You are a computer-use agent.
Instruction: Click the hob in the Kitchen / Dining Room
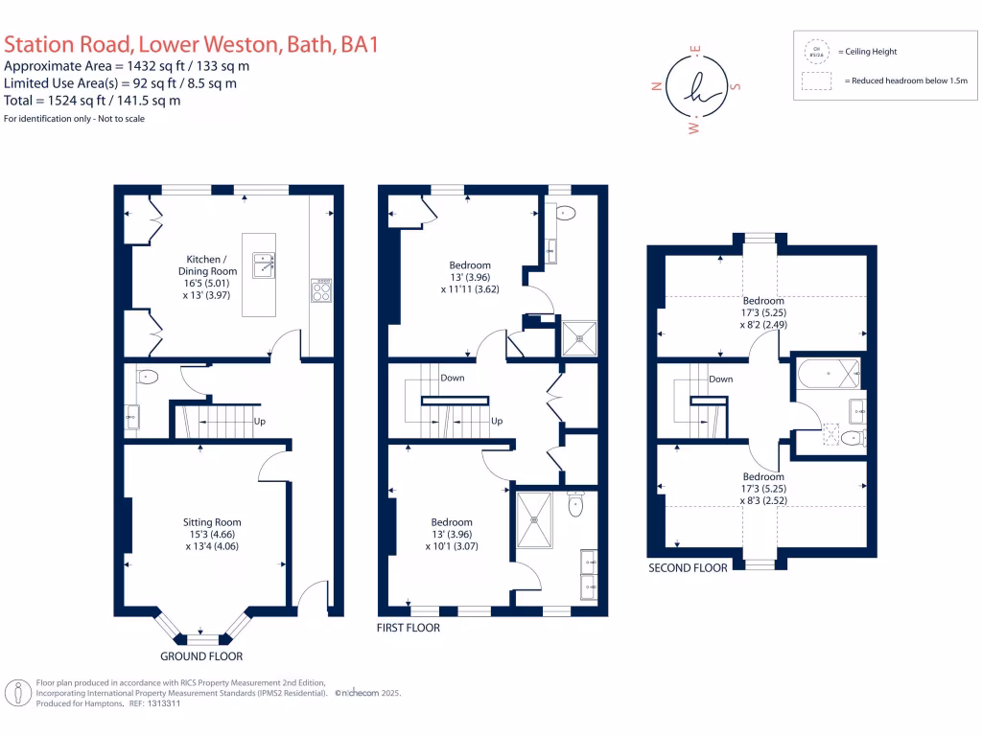pos(322,288)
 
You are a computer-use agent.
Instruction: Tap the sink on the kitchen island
pos(265,264)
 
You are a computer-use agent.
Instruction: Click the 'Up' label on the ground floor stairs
pos(259,421)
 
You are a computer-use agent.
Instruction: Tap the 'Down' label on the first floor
pos(453,378)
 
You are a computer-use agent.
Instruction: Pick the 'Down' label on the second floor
pos(720,379)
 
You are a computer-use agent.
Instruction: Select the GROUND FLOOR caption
pos(200,656)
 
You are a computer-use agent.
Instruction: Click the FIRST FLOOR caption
pos(409,628)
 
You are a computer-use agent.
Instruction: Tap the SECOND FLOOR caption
pos(688,567)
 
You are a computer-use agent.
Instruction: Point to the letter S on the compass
pos(736,86)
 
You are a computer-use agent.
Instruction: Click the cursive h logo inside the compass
pos(696,86)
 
